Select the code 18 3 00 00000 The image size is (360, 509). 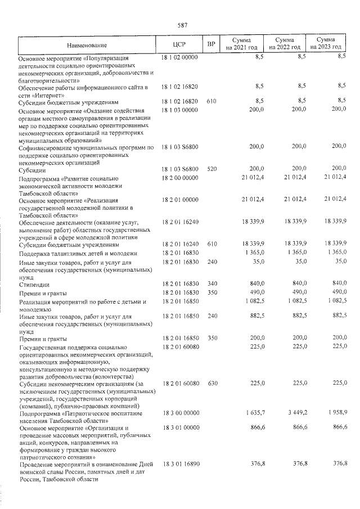[x=179, y=413]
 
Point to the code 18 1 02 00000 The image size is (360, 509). [x=179, y=57]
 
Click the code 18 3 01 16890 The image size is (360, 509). [x=179, y=464]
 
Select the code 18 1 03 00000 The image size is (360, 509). [x=179, y=110]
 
